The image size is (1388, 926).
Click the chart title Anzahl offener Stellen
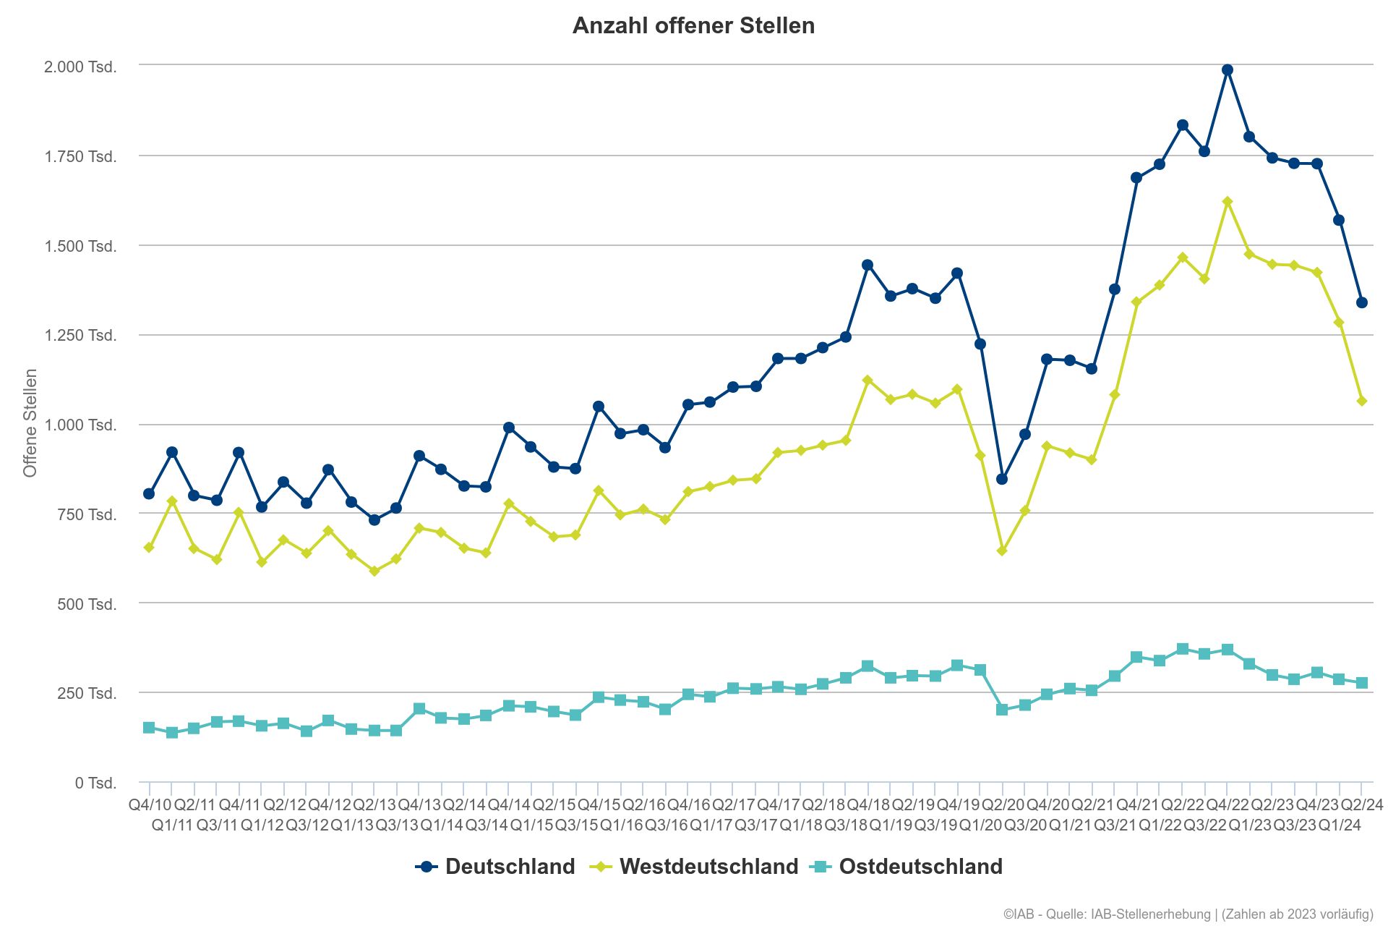click(x=693, y=26)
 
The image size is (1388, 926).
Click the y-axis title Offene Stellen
click(x=30, y=423)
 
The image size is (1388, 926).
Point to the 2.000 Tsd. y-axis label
click(x=80, y=67)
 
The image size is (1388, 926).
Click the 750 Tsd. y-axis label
click(x=87, y=514)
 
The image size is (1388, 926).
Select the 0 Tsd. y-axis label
click(x=95, y=783)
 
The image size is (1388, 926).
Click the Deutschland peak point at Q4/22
click(x=1227, y=70)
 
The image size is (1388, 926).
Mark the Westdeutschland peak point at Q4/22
click(x=1227, y=202)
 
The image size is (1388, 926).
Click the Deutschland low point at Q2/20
click(x=1002, y=479)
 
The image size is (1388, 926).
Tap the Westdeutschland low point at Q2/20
click(x=1002, y=551)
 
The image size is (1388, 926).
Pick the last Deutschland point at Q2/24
click(x=1361, y=302)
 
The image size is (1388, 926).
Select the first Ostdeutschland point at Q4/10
click(x=149, y=728)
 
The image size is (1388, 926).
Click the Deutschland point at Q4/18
click(x=867, y=265)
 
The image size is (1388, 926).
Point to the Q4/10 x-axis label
click(x=150, y=804)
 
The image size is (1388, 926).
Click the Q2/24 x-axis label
click(x=1362, y=804)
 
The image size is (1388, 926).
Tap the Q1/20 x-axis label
click(x=980, y=825)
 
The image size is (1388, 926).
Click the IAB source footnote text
click(x=1188, y=914)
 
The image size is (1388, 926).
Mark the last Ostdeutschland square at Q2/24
click(x=1361, y=683)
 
